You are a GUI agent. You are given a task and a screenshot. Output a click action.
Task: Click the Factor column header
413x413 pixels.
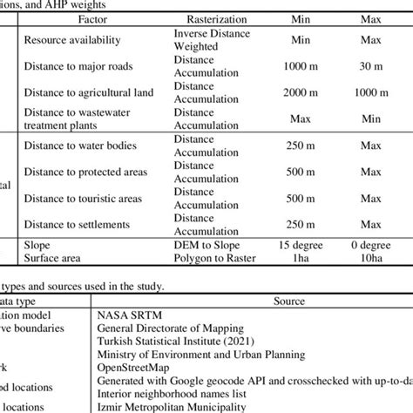pyautogui.click(x=93, y=18)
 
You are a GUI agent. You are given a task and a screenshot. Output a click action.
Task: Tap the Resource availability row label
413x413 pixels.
pyautogui.click(x=73, y=40)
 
